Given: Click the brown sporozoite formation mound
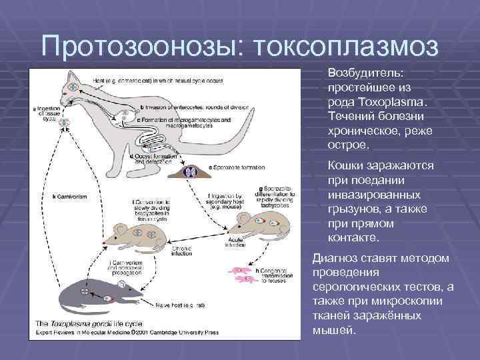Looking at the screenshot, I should click(189, 171).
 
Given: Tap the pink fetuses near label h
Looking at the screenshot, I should click(240, 275).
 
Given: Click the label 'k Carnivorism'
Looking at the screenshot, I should click(73, 197).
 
